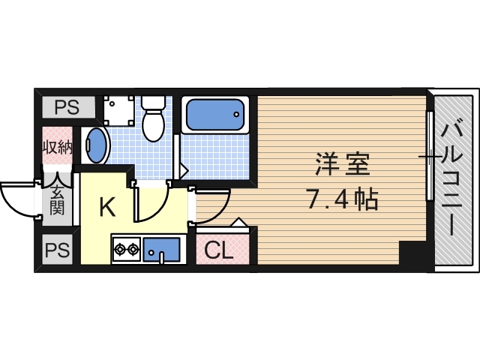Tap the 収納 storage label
pyautogui.click(x=57, y=147)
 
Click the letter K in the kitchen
pyautogui.click(x=107, y=208)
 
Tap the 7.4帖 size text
pyautogui.click(x=341, y=199)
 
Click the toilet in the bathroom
pyautogui.click(x=154, y=120)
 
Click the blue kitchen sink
pyautogui.click(x=161, y=249)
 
